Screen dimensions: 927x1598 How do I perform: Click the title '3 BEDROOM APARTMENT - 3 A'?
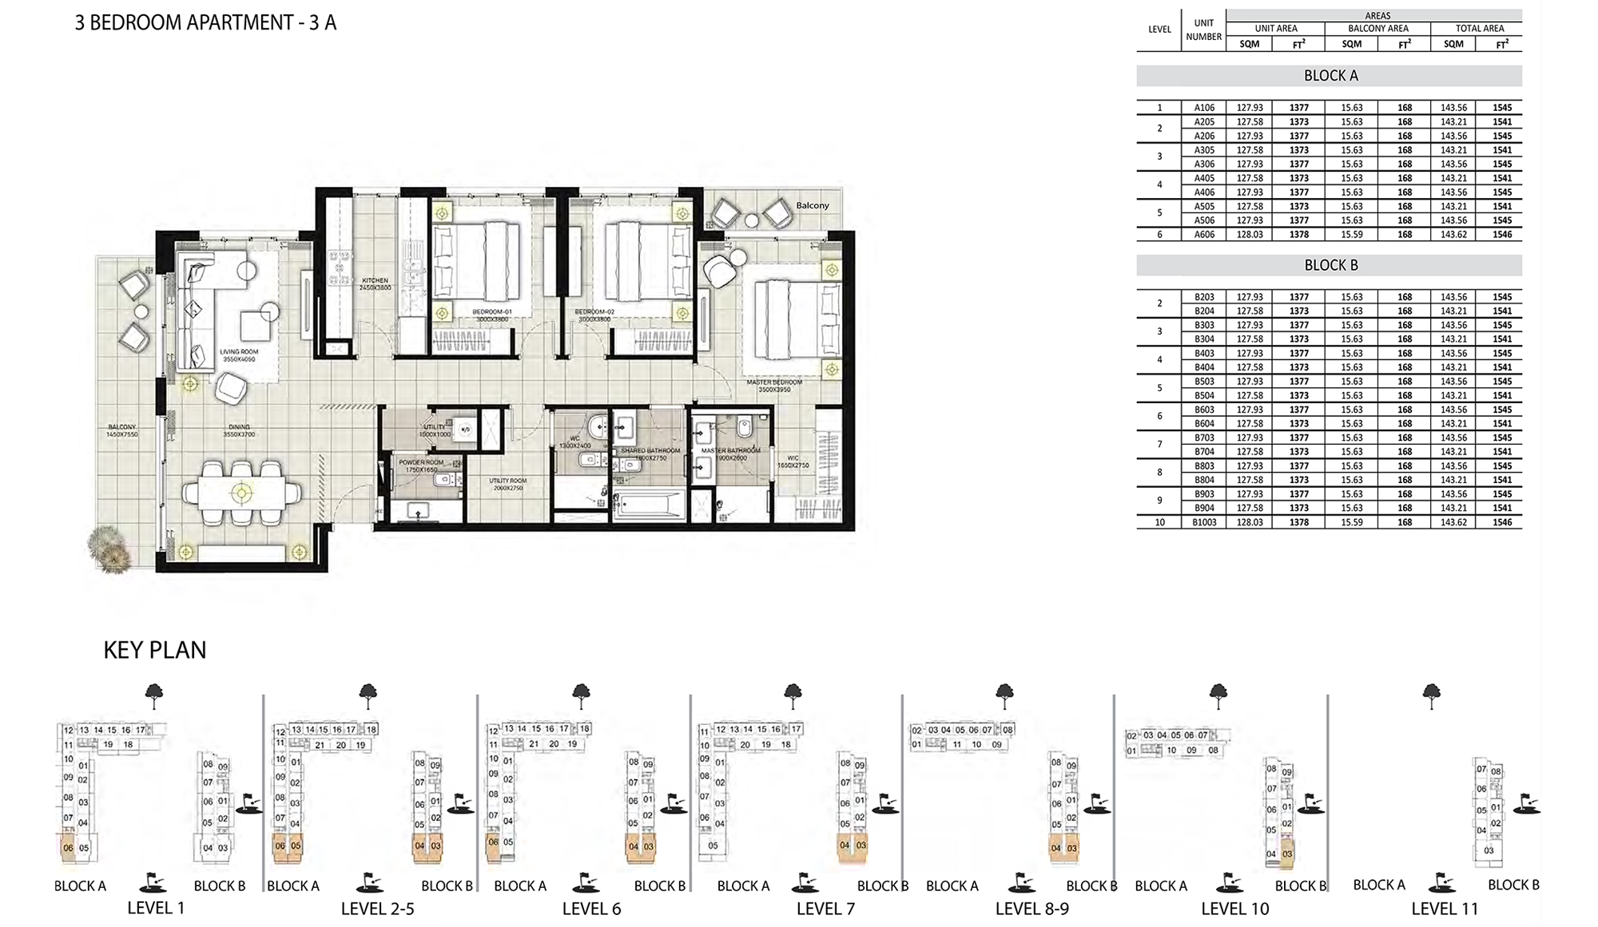click(x=205, y=22)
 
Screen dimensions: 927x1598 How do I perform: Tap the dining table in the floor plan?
click(x=241, y=493)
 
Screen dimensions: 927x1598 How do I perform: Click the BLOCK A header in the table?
click(x=1330, y=76)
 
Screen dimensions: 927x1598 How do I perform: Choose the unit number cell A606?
click(x=1204, y=235)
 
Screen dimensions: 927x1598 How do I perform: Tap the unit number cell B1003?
click(x=1204, y=522)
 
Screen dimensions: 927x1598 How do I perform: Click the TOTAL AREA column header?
click(x=1479, y=28)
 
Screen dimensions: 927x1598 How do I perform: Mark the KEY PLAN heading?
click(x=155, y=650)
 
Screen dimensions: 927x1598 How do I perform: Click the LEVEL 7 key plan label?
click(x=825, y=909)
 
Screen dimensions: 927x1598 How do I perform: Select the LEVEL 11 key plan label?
click(x=1445, y=909)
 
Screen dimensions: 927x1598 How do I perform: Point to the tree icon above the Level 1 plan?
click(x=154, y=695)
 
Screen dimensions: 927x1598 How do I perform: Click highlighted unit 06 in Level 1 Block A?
click(x=68, y=848)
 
